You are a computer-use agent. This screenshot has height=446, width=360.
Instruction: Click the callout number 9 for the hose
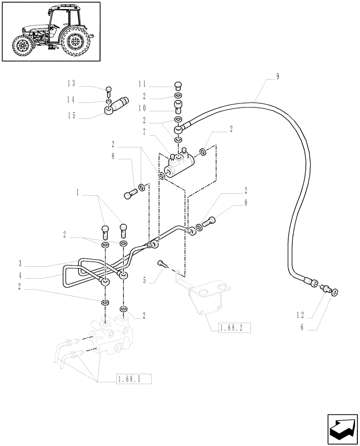click(278, 76)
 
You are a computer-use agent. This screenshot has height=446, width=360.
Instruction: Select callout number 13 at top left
click(71, 83)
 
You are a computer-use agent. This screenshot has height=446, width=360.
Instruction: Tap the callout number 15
click(71, 116)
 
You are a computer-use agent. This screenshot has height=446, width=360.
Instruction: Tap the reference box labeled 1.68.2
click(235, 329)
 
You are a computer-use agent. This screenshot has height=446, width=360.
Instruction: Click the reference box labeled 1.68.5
click(134, 380)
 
